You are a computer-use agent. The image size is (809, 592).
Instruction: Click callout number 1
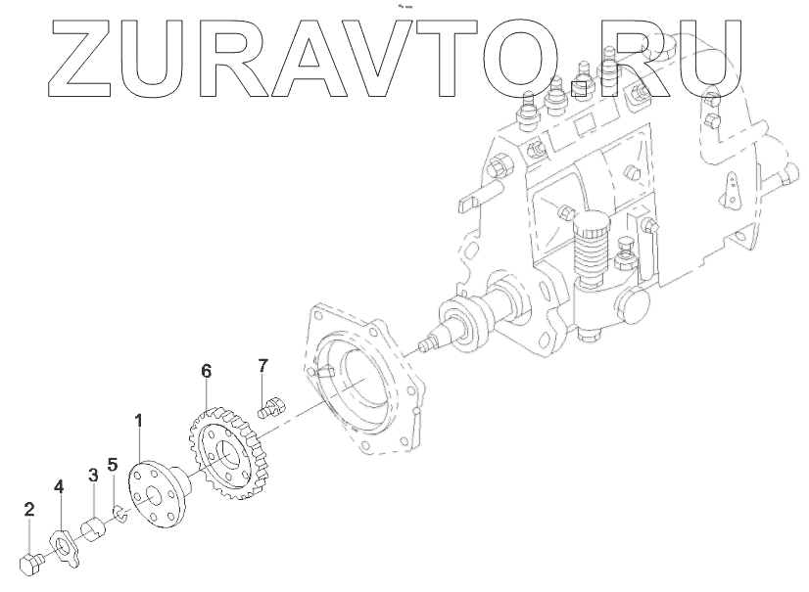coord(138,422)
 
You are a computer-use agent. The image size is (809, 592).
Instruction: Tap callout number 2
coord(29,509)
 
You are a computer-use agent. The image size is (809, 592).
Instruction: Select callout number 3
coord(93,476)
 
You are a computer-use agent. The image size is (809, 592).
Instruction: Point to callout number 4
coord(59,485)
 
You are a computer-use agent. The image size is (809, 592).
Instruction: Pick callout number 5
coord(114,466)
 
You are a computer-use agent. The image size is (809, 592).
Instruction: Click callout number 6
coord(206,371)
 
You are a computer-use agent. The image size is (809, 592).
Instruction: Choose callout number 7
coord(262,366)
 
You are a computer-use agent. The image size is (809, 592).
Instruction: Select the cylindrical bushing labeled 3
coord(94,529)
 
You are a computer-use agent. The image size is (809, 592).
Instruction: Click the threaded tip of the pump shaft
coord(423,343)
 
